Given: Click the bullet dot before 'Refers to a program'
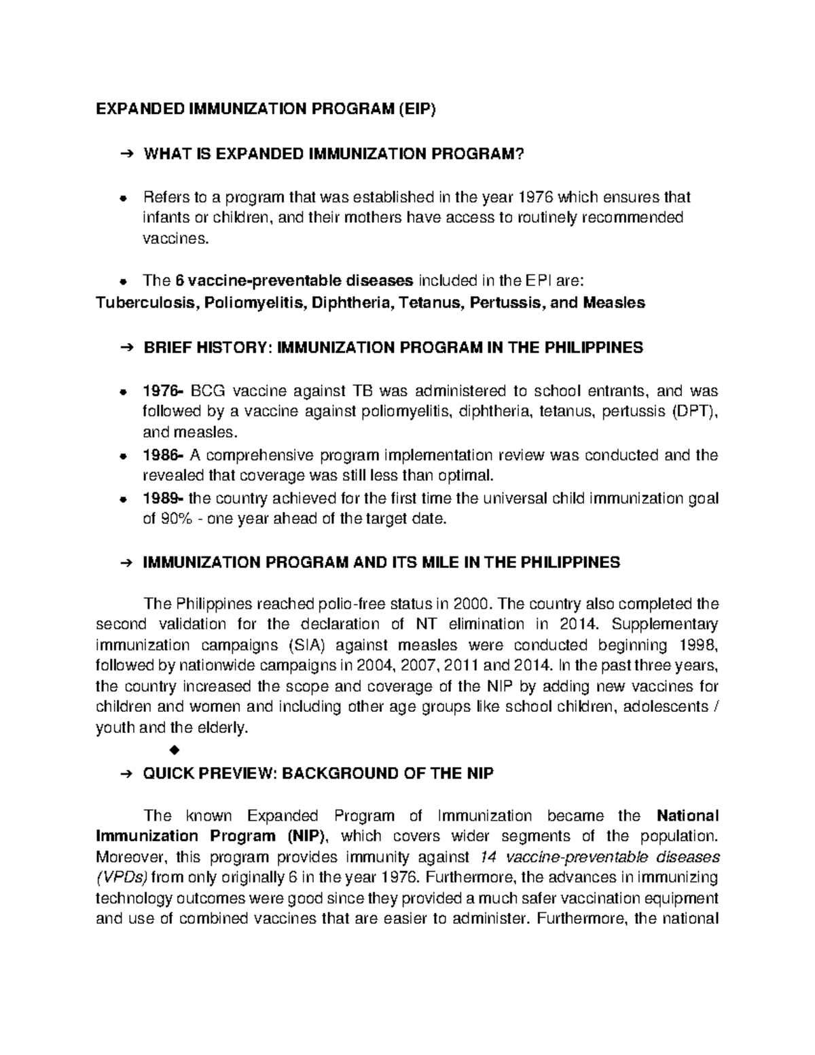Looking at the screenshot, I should [x=123, y=198].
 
